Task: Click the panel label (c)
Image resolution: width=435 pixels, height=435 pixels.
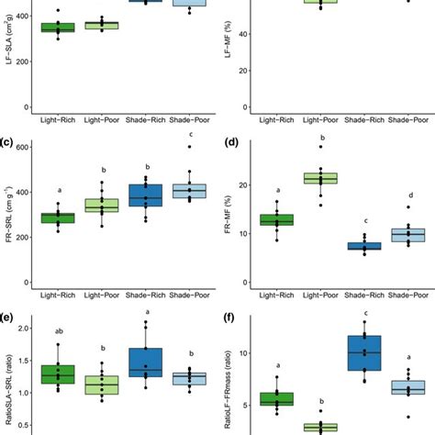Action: coord(7,142)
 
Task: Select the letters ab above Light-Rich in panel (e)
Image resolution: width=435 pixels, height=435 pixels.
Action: coord(58,332)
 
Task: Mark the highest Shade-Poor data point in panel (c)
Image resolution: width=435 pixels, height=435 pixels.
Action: coord(190,147)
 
